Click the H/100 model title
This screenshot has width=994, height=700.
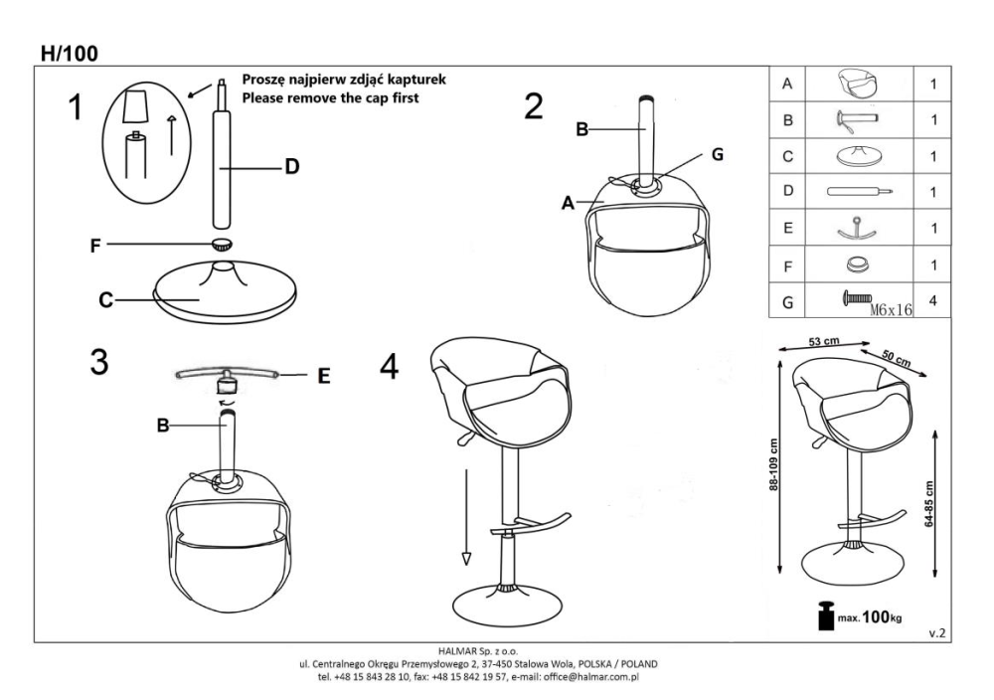point(70,54)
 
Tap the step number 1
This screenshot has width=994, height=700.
point(75,107)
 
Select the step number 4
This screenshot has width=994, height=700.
point(389,366)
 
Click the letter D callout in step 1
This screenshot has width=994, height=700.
point(291,167)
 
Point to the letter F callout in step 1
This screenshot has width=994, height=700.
point(95,246)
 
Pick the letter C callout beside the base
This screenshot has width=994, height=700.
point(106,299)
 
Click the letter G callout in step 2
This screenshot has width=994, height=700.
point(717,154)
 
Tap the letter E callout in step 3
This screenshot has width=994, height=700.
point(323,377)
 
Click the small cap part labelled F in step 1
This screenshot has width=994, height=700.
point(222,243)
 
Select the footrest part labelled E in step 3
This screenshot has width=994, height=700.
point(227,377)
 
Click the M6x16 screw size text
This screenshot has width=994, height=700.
point(891,309)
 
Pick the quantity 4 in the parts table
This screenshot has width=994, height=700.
point(932,300)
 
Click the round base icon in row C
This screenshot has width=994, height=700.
point(859,156)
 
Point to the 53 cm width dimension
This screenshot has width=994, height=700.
point(823,342)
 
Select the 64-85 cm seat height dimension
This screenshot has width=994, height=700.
point(929,504)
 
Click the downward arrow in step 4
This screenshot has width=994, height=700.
point(466,517)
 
